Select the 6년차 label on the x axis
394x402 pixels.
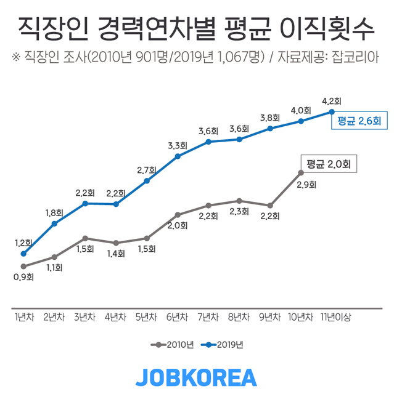point(178,317)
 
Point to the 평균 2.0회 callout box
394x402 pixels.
point(328,164)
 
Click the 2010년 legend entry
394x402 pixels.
point(173,345)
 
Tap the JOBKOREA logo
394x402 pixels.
point(196,377)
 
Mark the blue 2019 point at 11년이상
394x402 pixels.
point(332,111)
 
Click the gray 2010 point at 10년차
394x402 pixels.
point(301,172)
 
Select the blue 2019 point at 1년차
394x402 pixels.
point(23,254)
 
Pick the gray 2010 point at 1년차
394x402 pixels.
point(23,267)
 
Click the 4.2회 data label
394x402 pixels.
point(332,100)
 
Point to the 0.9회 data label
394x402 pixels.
point(23,278)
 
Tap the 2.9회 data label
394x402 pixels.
point(306,184)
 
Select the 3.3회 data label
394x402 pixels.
point(177,146)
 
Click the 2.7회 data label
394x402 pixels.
point(146,170)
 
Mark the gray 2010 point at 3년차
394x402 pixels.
point(85,238)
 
